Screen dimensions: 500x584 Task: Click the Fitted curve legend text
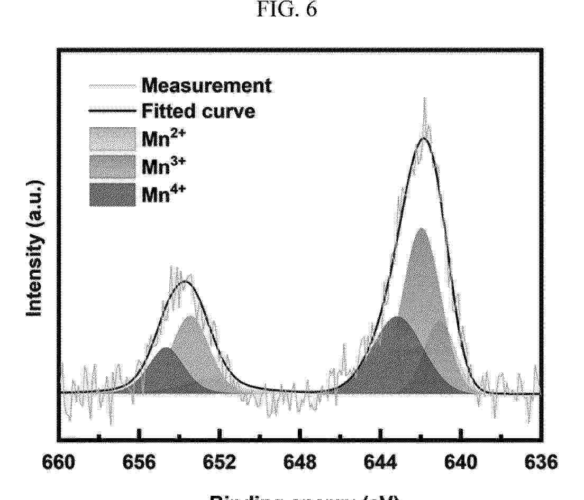pos(198,111)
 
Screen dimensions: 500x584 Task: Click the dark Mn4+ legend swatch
pos(112,194)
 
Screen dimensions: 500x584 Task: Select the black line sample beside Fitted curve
pos(112,111)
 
